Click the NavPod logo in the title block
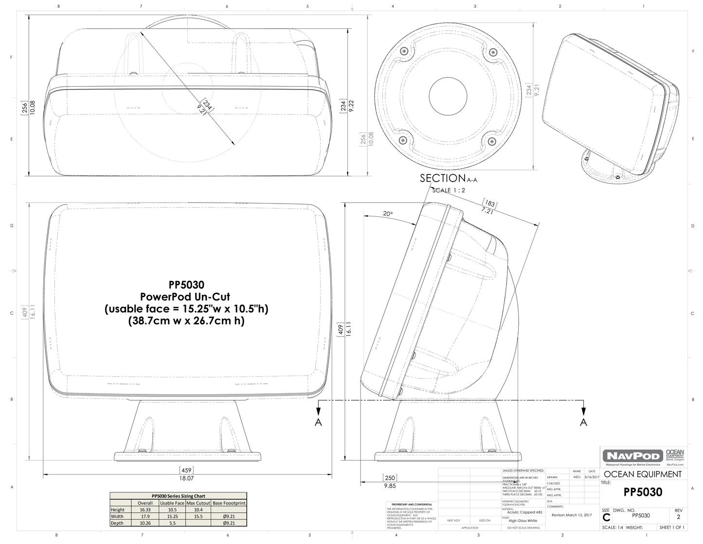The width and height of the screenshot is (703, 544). coord(632,456)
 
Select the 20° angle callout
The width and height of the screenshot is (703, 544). coord(387,213)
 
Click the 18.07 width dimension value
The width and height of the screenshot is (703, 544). coord(186,478)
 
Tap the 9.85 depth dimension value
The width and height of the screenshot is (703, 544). coord(390,486)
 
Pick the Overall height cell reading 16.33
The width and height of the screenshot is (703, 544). coord(145,509)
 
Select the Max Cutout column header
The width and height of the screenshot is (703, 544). coord(198,503)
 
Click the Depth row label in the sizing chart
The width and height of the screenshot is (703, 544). coord(117,523)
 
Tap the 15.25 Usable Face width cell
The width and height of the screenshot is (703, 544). coord(172,516)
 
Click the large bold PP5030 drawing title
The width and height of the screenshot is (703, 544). coord(643,492)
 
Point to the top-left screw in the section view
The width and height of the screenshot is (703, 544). coord(403,51)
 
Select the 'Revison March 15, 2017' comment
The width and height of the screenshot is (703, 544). coord(572,515)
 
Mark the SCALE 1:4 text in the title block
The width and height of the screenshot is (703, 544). coord(612,527)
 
